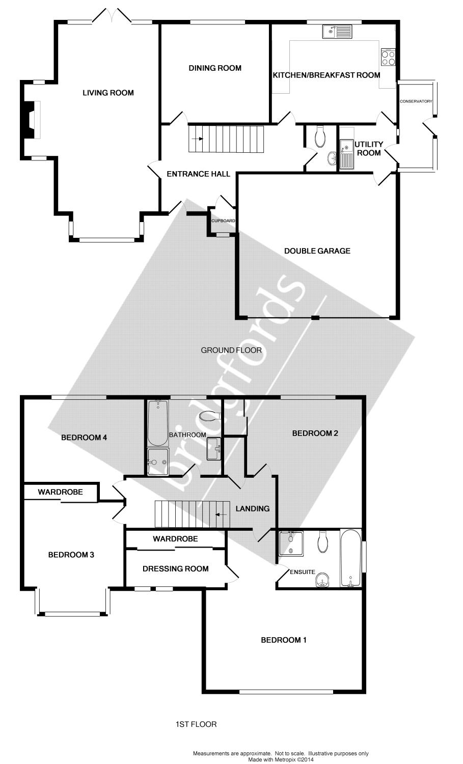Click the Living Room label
[x=108, y=93]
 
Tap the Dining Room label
[x=215, y=68]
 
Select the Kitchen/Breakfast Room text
[x=326, y=75]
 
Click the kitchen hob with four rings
[x=388, y=57]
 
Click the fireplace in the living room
[x=32, y=120]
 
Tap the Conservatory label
[x=416, y=101]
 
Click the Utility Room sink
[x=347, y=153]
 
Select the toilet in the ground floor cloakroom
[x=320, y=137]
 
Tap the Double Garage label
[x=317, y=251]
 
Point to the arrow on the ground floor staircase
[x=199, y=139]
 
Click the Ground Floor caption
[x=231, y=350]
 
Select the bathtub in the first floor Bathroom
[x=158, y=422]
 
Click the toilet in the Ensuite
[x=322, y=542]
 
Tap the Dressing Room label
[x=175, y=568]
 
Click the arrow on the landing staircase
[x=221, y=514]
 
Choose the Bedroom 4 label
[x=84, y=438]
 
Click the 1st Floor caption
[x=196, y=724]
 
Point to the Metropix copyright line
[x=281, y=759]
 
